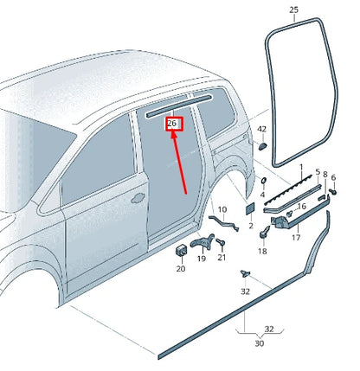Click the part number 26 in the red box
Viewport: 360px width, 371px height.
click(172, 125)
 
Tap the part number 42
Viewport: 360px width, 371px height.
click(261, 131)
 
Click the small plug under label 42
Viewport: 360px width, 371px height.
click(261, 146)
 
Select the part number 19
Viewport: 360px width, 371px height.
click(201, 258)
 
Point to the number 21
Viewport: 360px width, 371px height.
click(222, 258)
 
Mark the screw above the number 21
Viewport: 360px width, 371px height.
click(222, 242)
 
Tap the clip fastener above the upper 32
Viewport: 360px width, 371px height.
click(246, 272)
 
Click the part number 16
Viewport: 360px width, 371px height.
click(302, 207)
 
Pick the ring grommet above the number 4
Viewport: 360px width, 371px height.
click(262, 181)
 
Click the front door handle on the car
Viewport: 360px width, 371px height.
click(136, 197)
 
